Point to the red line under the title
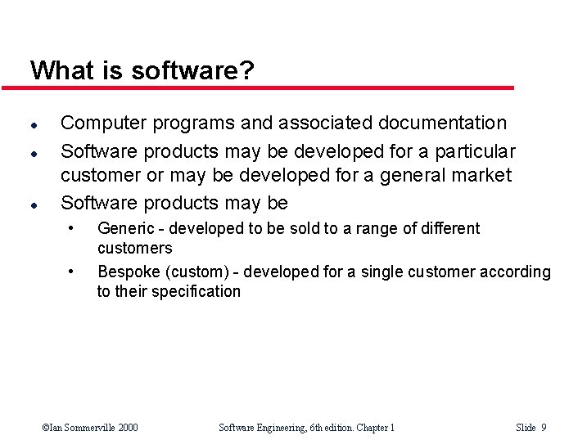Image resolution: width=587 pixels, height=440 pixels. click(270, 88)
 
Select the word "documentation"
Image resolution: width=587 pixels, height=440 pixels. click(443, 123)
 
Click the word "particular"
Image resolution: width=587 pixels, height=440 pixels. click(476, 152)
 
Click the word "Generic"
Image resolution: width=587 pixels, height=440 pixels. click(125, 229)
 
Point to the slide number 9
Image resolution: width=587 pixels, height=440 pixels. click(544, 428)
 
